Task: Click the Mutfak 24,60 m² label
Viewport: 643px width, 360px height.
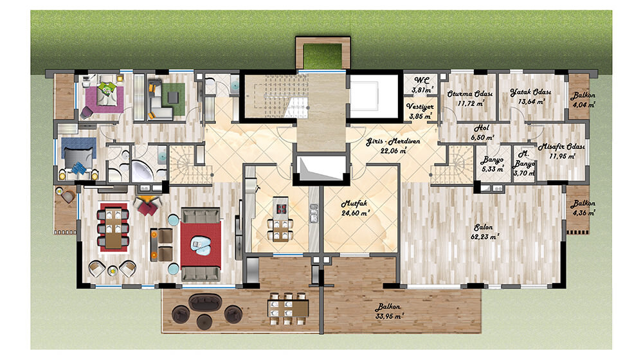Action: point(355,208)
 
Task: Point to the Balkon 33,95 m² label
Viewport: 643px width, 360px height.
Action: point(389,311)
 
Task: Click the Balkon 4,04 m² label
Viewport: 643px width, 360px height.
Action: point(584,100)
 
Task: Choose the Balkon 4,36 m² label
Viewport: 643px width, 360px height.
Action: point(584,208)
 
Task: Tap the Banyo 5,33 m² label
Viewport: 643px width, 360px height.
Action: point(493,164)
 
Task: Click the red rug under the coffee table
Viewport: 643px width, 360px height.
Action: point(201,245)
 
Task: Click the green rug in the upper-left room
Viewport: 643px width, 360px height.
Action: point(173,99)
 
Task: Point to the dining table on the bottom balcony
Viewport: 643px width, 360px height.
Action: point(288,309)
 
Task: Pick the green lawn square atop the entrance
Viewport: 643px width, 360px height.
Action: point(323,56)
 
